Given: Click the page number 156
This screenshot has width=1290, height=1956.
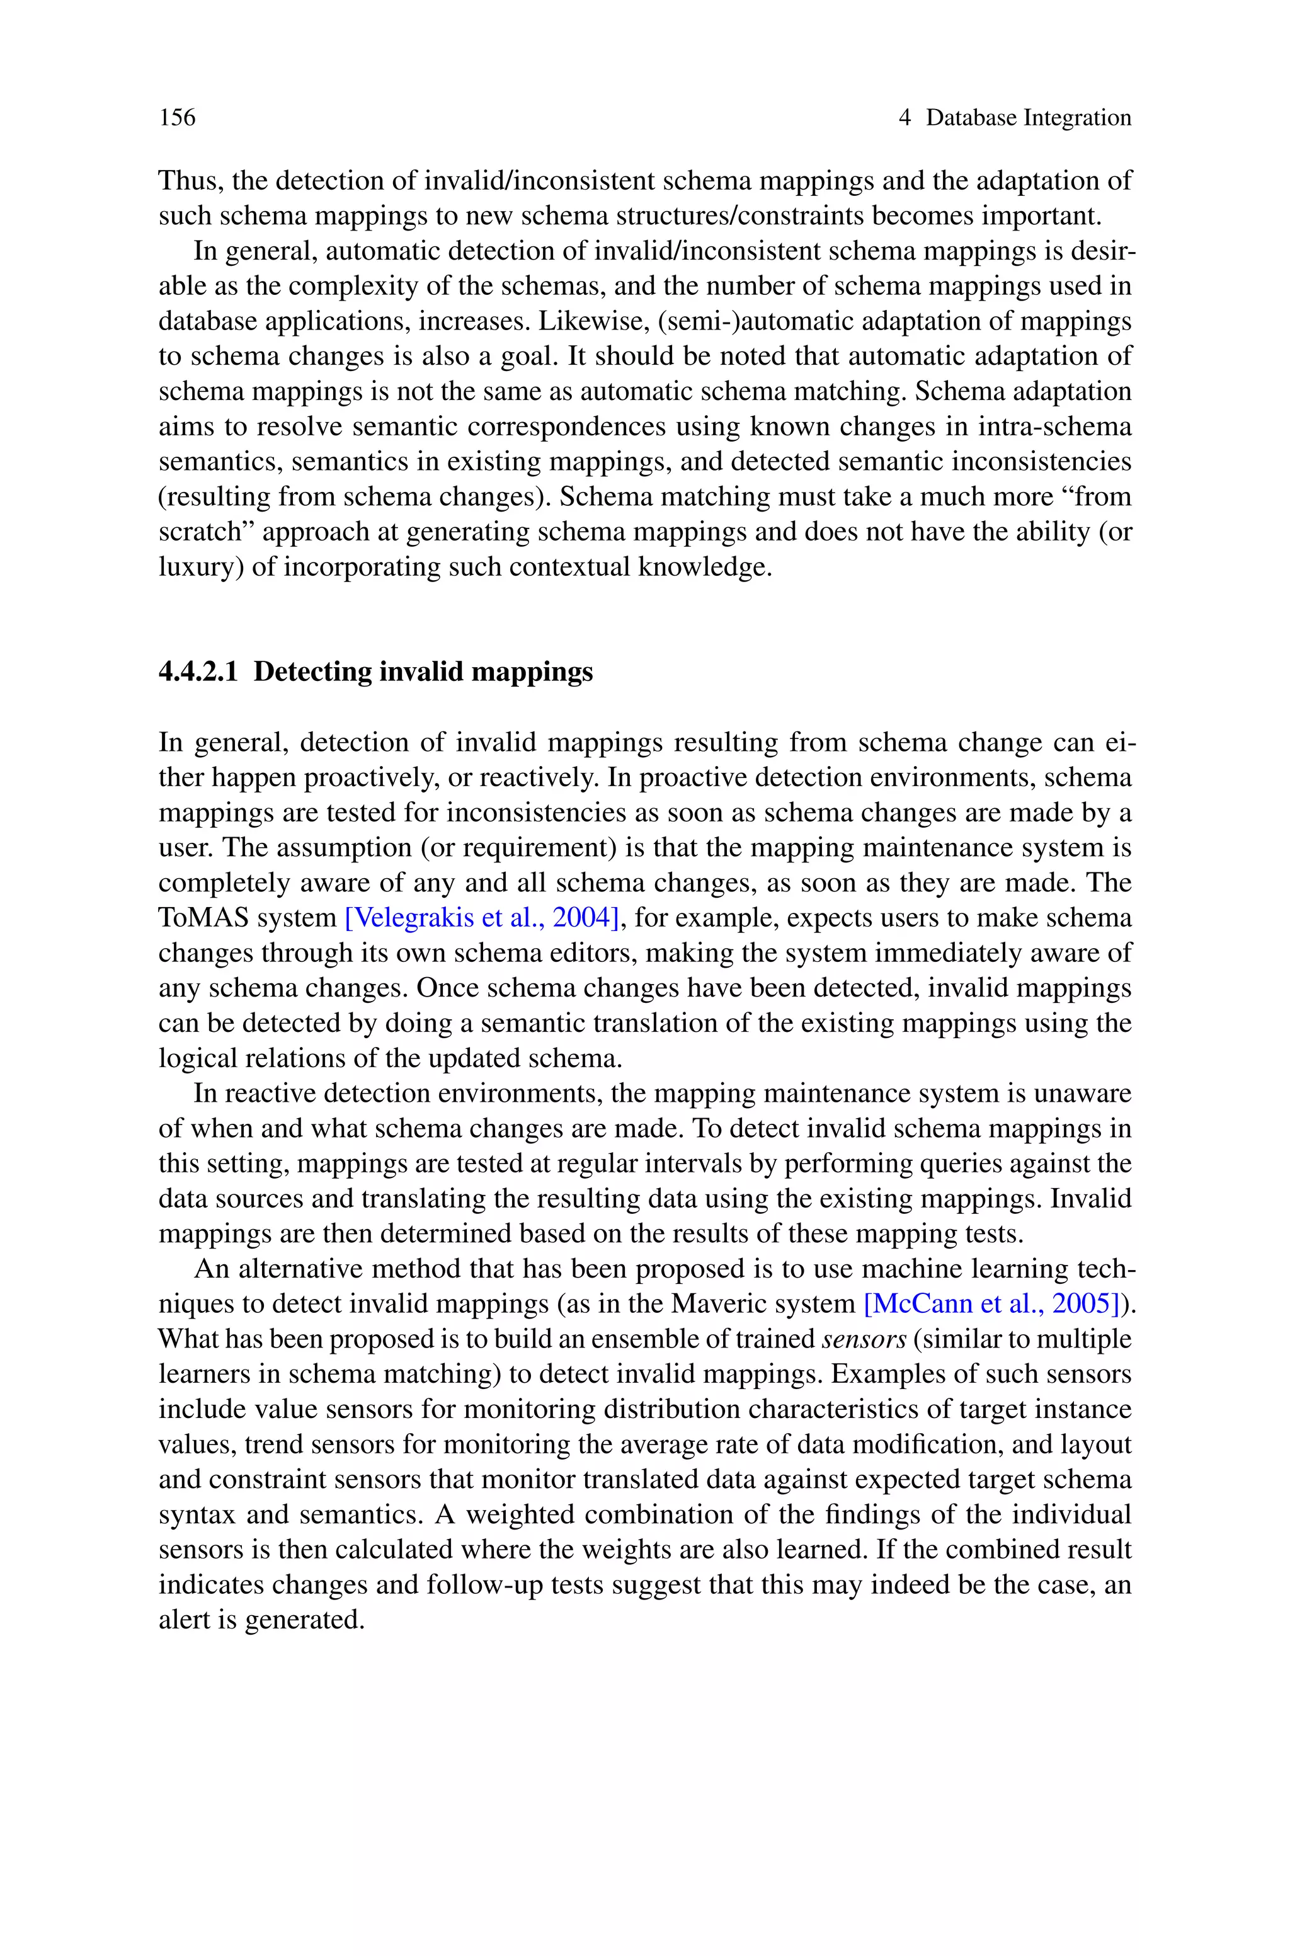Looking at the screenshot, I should pyautogui.click(x=178, y=118).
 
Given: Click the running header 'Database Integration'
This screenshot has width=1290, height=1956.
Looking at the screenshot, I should pyautogui.click(x=1029, y=118).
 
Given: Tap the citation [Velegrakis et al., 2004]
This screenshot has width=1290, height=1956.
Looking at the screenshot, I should pyautogui.click(x=481, y=918).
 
